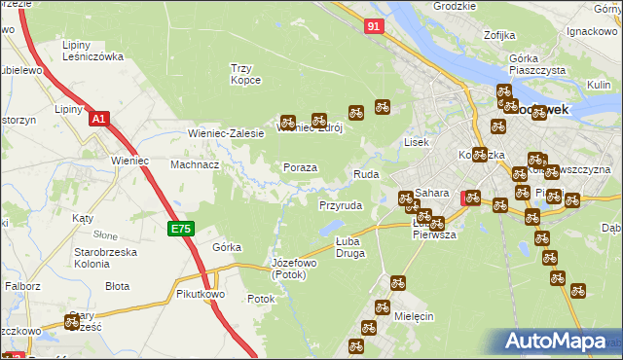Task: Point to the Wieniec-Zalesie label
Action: [x=226, y=133]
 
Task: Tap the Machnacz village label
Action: [x=195, y=164]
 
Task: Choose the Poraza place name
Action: [x=300, y=167]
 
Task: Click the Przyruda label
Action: [x=341, y=206]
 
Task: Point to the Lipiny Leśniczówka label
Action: [x=92, y=51]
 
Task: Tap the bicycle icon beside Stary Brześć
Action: [x=72, y=321]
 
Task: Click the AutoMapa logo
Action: [x=559, y=342]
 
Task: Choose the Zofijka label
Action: [x=497, y=36]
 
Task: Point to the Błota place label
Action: [x=118, y=286]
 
